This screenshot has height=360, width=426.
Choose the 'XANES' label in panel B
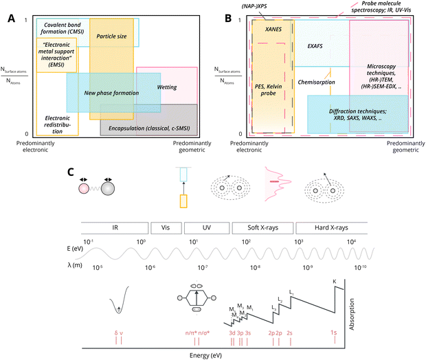pos(274,30)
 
